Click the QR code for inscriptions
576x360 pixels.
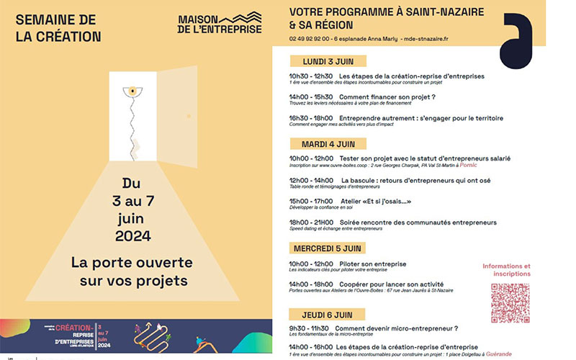click(510, 302)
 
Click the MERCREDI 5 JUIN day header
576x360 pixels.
click(326, 248)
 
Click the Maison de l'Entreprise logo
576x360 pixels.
click(219, 23)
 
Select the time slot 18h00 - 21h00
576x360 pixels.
click(310, 222)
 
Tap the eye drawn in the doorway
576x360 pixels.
click(132, 91)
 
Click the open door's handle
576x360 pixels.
click(186, 115)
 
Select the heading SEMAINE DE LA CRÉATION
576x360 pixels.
click(58, 27)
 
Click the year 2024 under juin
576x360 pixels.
click(132, 235)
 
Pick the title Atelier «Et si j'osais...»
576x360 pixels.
click(374, 202)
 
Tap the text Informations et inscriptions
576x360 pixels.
click(506, 270)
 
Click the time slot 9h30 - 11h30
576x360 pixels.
click(307, 329)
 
